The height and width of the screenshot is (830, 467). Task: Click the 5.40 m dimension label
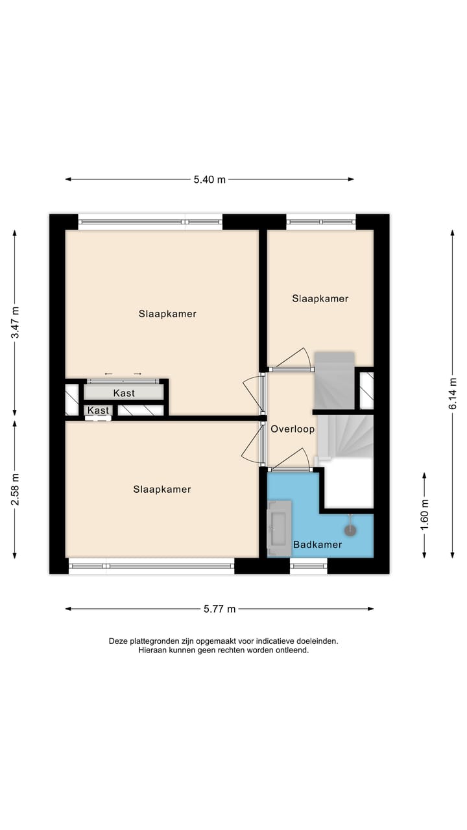pyautogui.click(x=210, y=180)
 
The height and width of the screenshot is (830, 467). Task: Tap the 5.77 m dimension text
pyautogui.click(x=219, y=609)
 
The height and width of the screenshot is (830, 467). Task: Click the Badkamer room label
pyautogui.click(x=317, y=545)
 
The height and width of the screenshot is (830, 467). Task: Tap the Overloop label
pyautogui.click(x=293, y=429)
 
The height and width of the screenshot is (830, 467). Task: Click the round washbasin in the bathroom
pyautogui.click(x=350, y=530)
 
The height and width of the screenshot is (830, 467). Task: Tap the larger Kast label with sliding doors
pyautogui.click(x=124, y=393)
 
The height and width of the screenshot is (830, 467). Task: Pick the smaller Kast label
pyautogui.click(x=99, y=410)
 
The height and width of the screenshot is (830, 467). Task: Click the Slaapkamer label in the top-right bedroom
pyautogui.click(x=320, y=299)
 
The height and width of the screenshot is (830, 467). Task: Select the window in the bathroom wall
pyautogui.click(x=309, y=566)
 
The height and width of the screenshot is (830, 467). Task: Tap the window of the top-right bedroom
pyautogui.click(x=321, y=222)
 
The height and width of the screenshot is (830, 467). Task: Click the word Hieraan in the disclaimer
pyautogui.click(x=153, y=650)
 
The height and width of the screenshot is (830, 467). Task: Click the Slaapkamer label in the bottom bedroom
pyautogui.click(x=162, y=490)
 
